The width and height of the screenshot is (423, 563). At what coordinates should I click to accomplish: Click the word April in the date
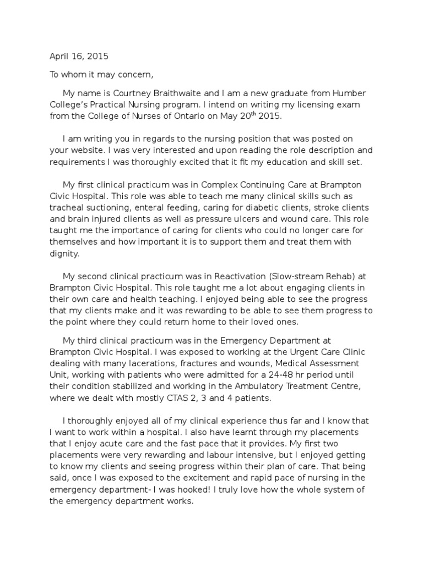point(59,56)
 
